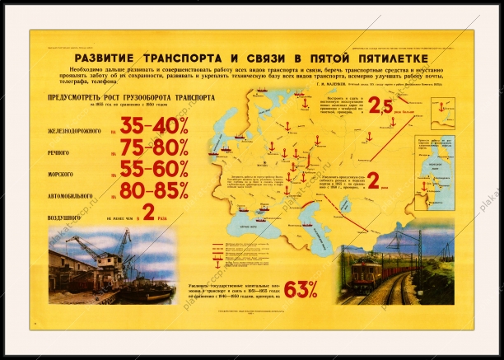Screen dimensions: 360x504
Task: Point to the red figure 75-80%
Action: (154, 147)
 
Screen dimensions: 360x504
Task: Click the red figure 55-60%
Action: (154, 169)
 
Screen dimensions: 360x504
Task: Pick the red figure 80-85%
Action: (154, 190)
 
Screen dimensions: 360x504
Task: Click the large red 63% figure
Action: (301, 289)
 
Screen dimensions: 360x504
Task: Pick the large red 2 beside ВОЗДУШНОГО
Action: (149, 213)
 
